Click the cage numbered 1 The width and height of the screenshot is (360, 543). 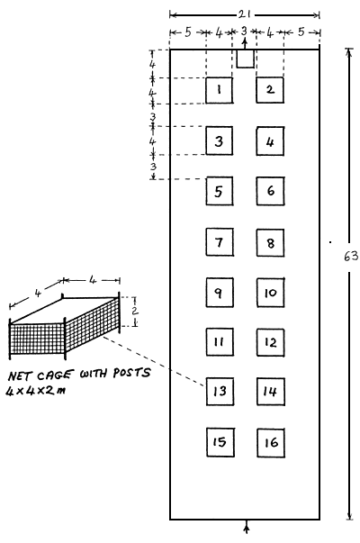click(219, 90)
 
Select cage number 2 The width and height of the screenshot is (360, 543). click(270, 90)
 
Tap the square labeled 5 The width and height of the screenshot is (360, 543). click(219, 191)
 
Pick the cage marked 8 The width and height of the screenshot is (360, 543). click(270, 242)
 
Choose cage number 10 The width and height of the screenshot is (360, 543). click(270, 293)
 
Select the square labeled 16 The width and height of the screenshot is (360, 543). click(270, 442)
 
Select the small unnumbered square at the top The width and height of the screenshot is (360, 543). click(245, 59)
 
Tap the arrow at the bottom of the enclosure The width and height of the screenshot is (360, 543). click(247, 529)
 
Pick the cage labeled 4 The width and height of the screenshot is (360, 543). click(270, 141)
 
